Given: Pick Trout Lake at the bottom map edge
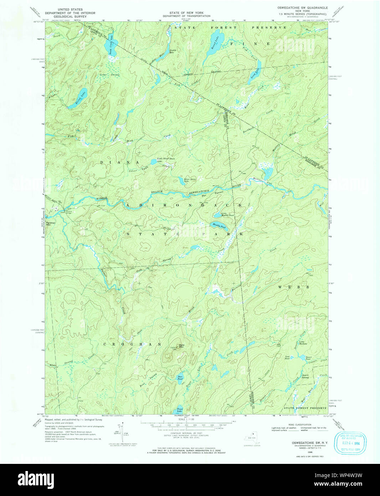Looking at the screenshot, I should [180, 410].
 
